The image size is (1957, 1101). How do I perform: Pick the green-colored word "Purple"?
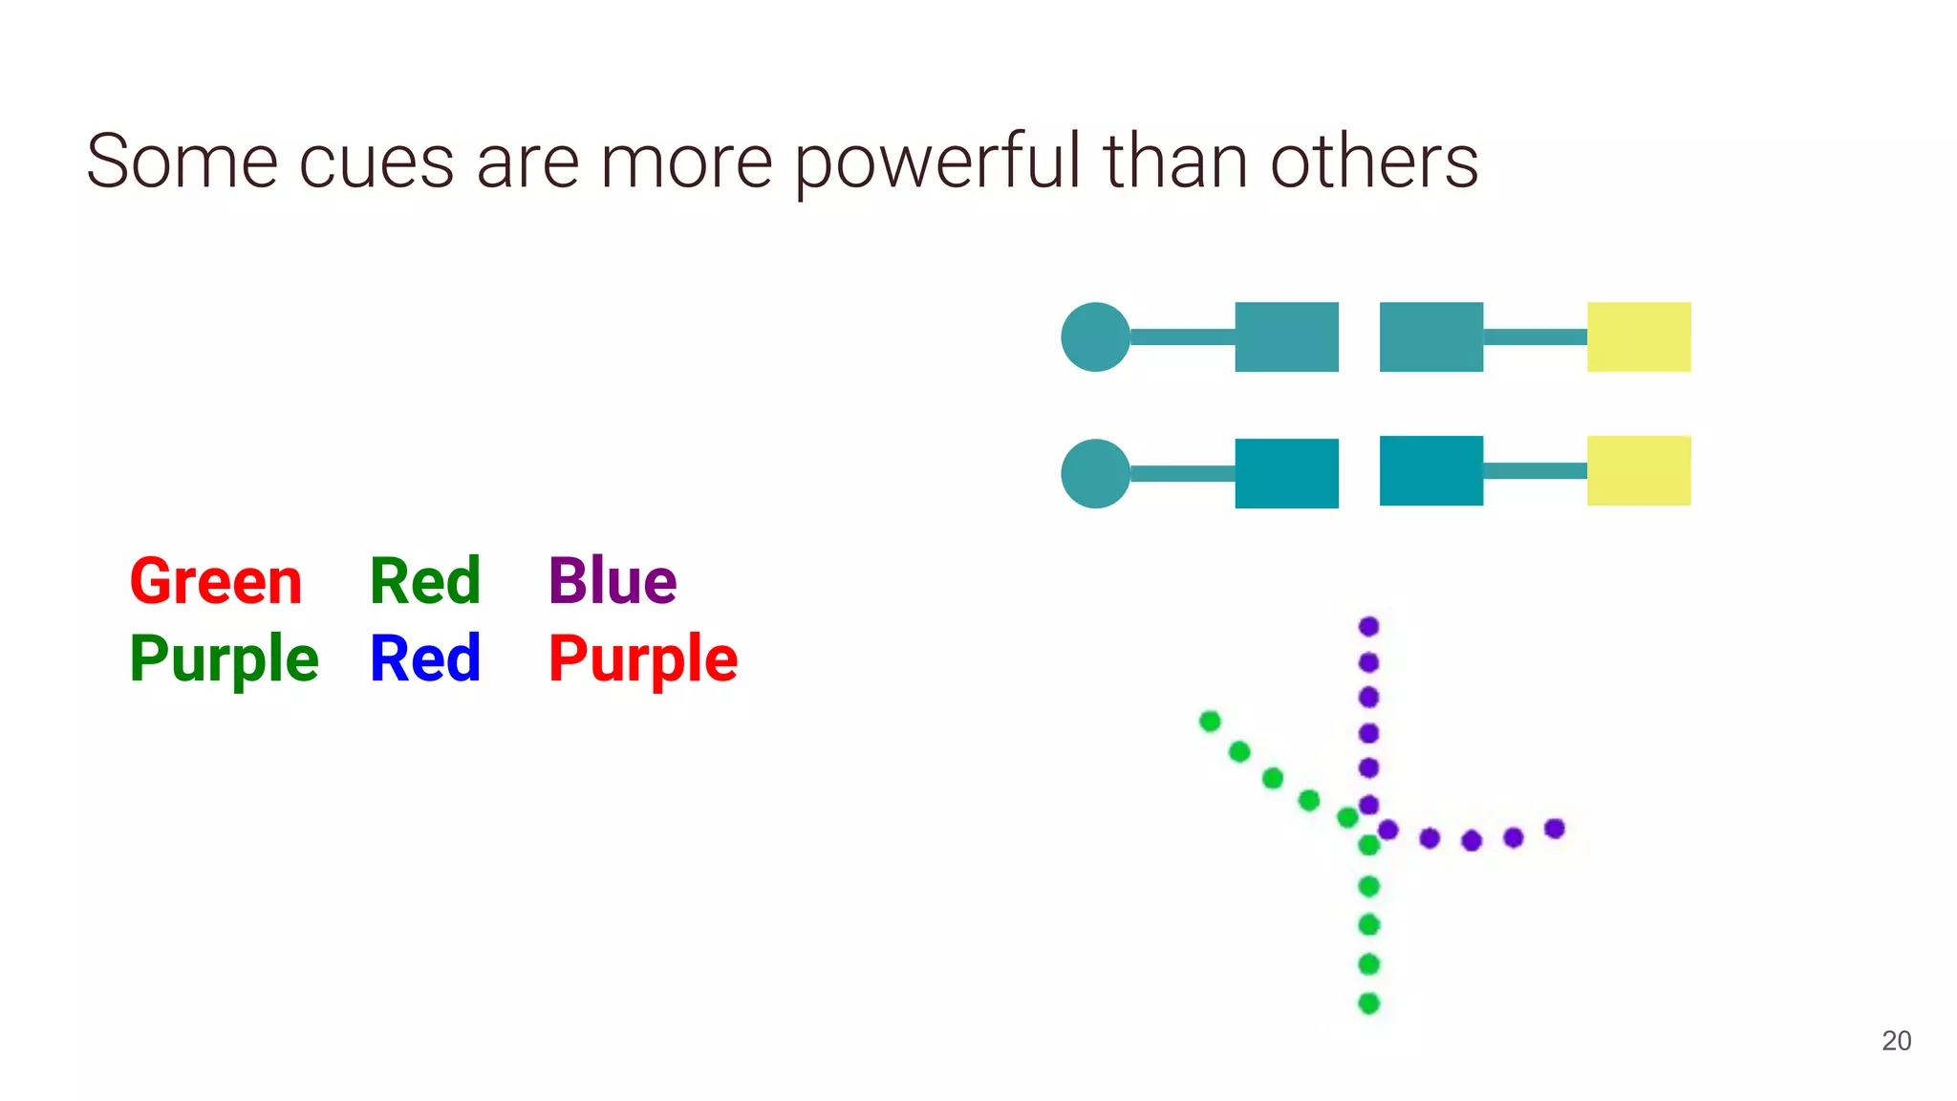point(224,659)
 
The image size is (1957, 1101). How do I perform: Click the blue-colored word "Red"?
point(425,658)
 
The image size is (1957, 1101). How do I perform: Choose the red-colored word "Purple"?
point(643,659)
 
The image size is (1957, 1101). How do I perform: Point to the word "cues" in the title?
point(376,162)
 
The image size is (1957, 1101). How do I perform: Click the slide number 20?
point(1897,1041)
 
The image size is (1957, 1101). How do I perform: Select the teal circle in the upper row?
point(1095,337)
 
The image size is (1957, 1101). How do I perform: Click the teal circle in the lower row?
point(1095,474)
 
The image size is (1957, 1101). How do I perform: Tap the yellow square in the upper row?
point(1639,337)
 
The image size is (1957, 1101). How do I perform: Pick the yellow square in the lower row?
point(1639,470)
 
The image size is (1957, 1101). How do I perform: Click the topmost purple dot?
point(1368,627)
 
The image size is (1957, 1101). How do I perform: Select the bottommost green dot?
point(1368,1004)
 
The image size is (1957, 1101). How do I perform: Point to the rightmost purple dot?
point(1555,829)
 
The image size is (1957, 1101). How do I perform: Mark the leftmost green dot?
point(1210,721)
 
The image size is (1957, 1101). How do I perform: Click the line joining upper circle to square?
point(1182,337)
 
